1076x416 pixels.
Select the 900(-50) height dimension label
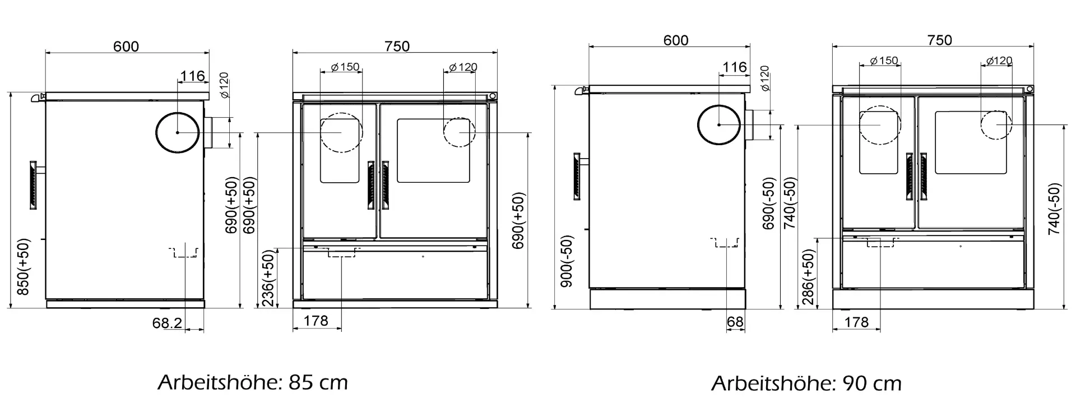(567, 261)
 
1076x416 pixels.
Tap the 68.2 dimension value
(167, 323)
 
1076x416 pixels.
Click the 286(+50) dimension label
(808, 277)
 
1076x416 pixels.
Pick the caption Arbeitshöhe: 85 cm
(253, 383)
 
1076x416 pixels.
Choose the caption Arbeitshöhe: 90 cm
(806, 384)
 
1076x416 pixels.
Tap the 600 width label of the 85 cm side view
(126, 46)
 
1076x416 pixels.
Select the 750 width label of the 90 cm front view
(940, 40)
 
